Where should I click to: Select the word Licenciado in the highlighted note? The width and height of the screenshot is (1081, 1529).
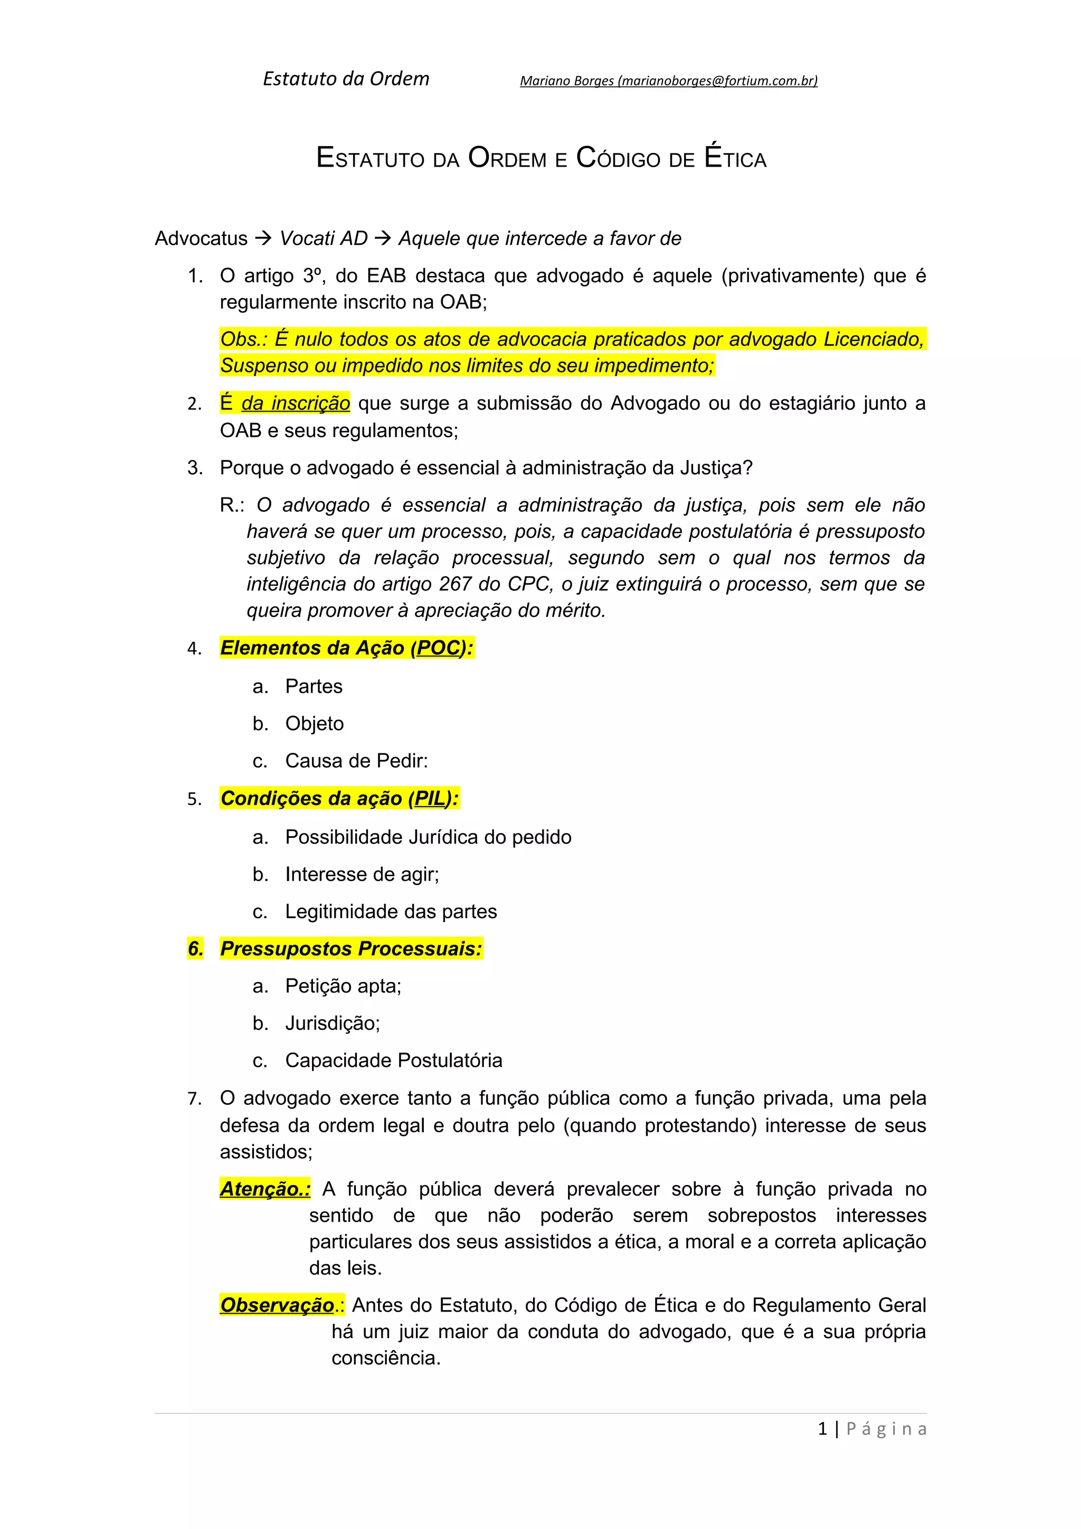coord(873,339)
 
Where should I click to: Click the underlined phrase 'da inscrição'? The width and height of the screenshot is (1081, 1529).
coord(295,404)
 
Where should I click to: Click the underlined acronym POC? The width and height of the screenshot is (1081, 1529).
coord(439,648)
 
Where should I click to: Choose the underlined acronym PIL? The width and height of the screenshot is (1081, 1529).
coord(429,798)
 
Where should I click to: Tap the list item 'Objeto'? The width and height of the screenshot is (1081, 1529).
coord(315,723)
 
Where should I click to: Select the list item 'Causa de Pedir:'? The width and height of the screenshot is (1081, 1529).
coord(356,760)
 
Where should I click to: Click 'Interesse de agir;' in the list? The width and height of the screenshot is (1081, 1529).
coord(362,874)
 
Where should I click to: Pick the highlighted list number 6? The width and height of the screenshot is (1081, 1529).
coord(195,948)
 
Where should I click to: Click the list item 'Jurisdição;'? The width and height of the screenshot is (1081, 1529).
coord(333,1023)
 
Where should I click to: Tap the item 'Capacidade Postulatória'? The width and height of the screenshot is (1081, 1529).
coord(394,1060)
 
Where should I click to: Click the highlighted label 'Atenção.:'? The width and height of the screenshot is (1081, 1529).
coord(265,1189)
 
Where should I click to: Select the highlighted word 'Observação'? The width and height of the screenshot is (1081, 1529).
coord(277,1305)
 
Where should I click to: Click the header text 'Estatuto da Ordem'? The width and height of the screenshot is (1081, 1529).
coord(346,79)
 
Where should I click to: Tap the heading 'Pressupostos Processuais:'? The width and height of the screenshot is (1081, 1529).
coord(351,948)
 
